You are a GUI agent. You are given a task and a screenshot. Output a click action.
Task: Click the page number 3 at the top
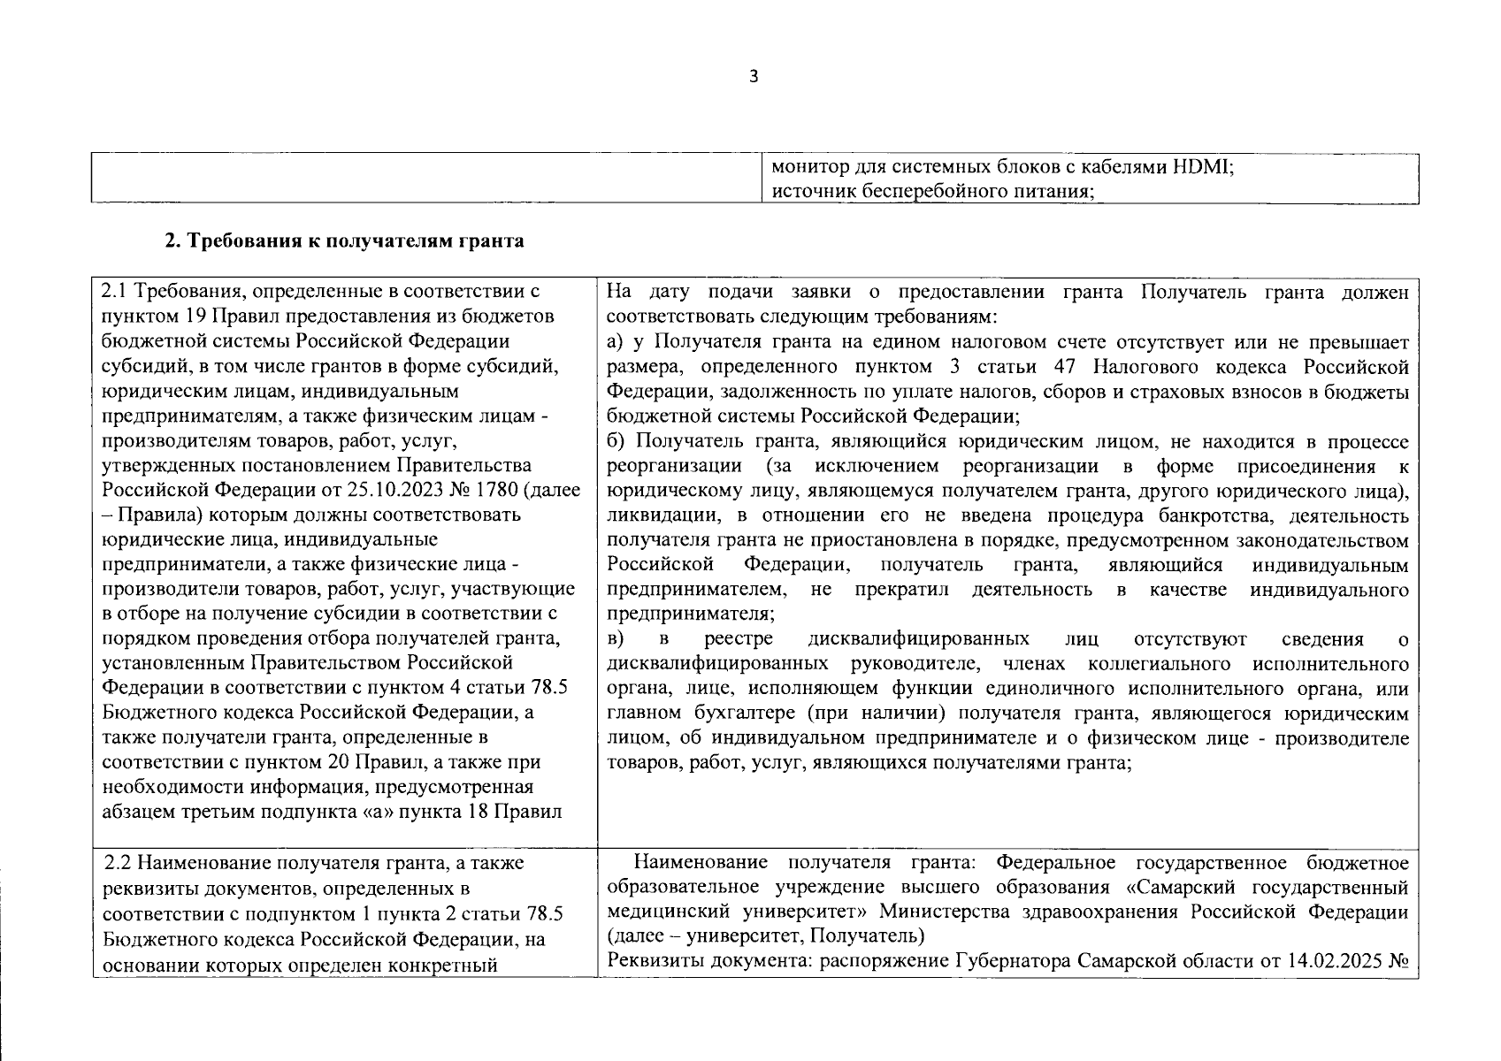point(754,77)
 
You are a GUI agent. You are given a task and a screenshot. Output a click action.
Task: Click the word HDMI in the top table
point(1201,166)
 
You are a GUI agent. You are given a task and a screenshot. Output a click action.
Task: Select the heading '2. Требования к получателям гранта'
point(344,241)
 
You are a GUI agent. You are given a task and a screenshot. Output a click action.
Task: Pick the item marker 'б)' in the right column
point(616,442)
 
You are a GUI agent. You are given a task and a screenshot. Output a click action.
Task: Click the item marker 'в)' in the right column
point(616,639)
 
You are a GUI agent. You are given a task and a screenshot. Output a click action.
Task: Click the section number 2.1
point(115,292)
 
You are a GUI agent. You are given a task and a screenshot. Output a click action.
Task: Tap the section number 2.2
point(119,863)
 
